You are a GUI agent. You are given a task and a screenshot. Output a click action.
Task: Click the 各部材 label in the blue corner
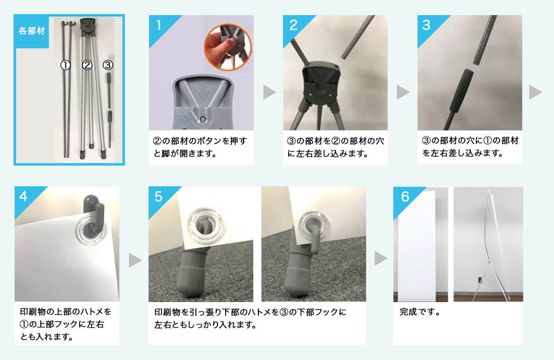[x=32, y=31]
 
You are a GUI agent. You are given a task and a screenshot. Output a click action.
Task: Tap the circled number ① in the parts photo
[x=65, y=65]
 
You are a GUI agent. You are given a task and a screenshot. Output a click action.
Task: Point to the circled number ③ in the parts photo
[x=107, y=65]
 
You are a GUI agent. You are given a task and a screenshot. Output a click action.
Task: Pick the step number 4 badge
[x=24, y=197]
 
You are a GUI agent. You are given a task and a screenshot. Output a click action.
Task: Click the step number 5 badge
[x=159, y=197]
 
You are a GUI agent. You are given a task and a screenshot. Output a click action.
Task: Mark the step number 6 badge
[x=404, y=197]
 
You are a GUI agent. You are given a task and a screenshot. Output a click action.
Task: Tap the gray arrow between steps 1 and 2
[x=270, y=92]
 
